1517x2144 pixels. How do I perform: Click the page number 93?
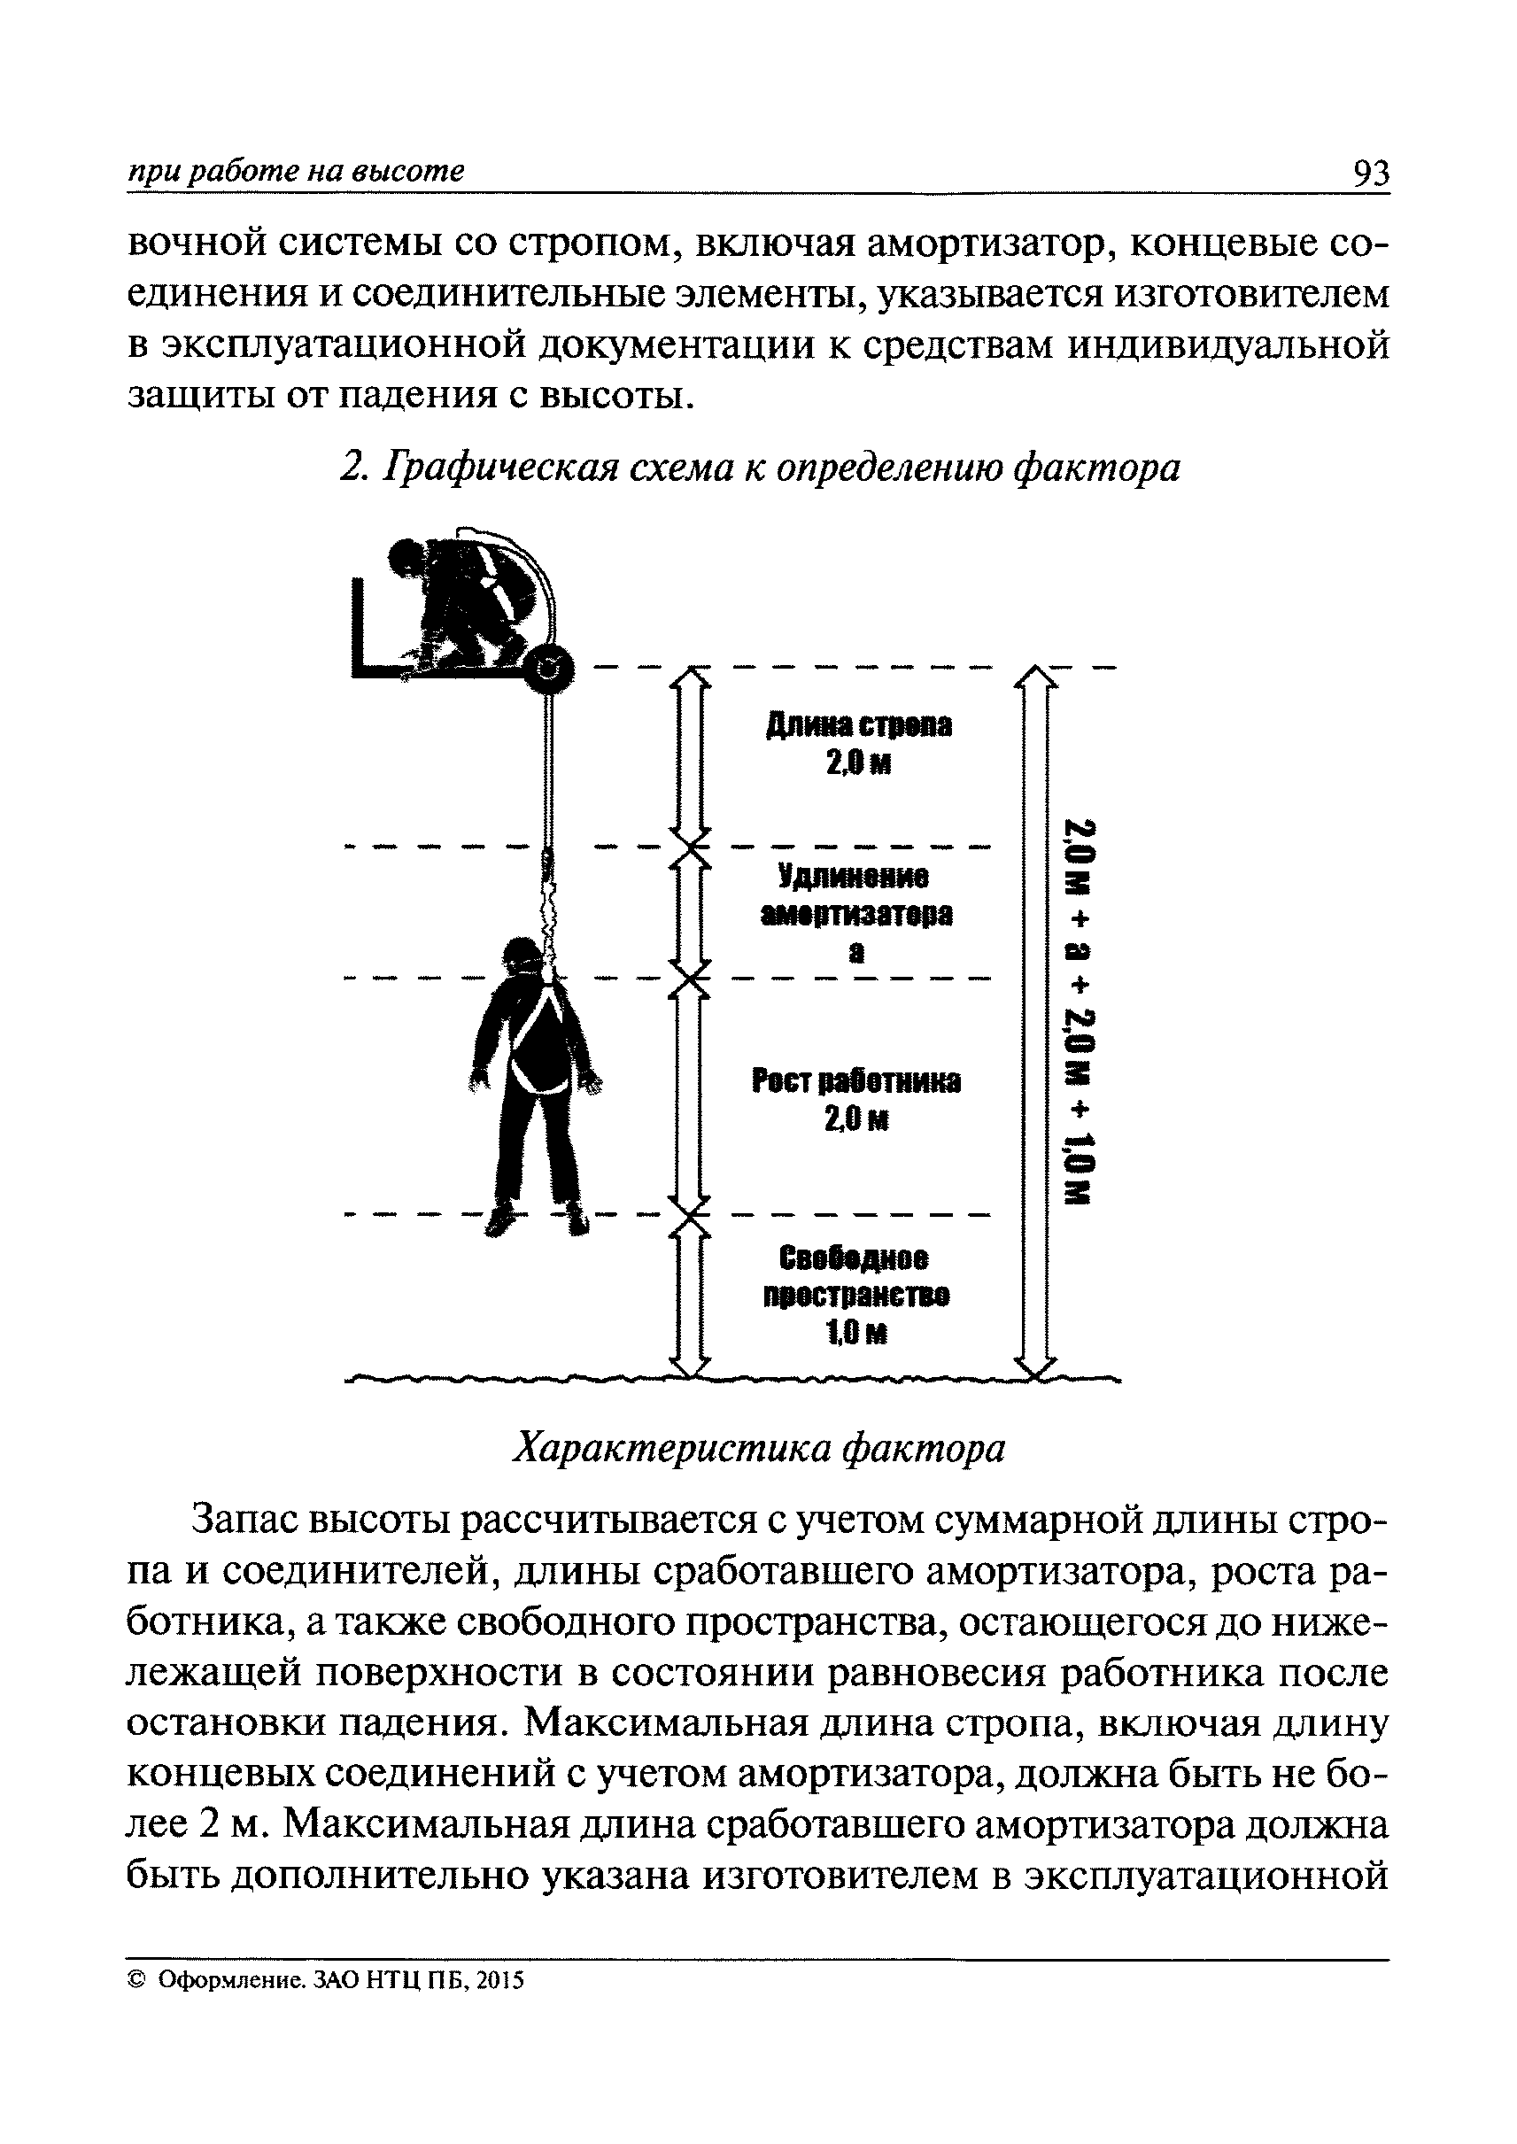[1369, 174]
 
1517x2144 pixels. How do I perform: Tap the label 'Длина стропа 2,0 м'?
[858, 745]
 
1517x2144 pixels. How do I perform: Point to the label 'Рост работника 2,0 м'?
[856, 1100]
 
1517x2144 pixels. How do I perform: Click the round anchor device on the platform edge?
[548, 668]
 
